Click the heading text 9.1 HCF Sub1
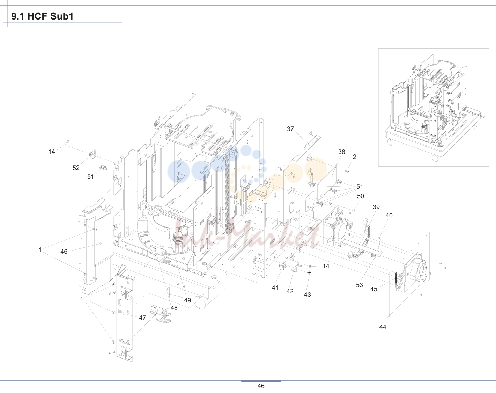tap(42, 16)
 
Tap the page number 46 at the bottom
tap(261, 386)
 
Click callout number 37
tap(290, 129)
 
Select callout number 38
tap(342, 152)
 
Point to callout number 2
tap(355, 157)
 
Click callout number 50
tap(361, 196)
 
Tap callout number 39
tap(376, 207)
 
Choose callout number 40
tap(389, 215)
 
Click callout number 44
tap(383, 327)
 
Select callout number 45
tap(373, 289)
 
